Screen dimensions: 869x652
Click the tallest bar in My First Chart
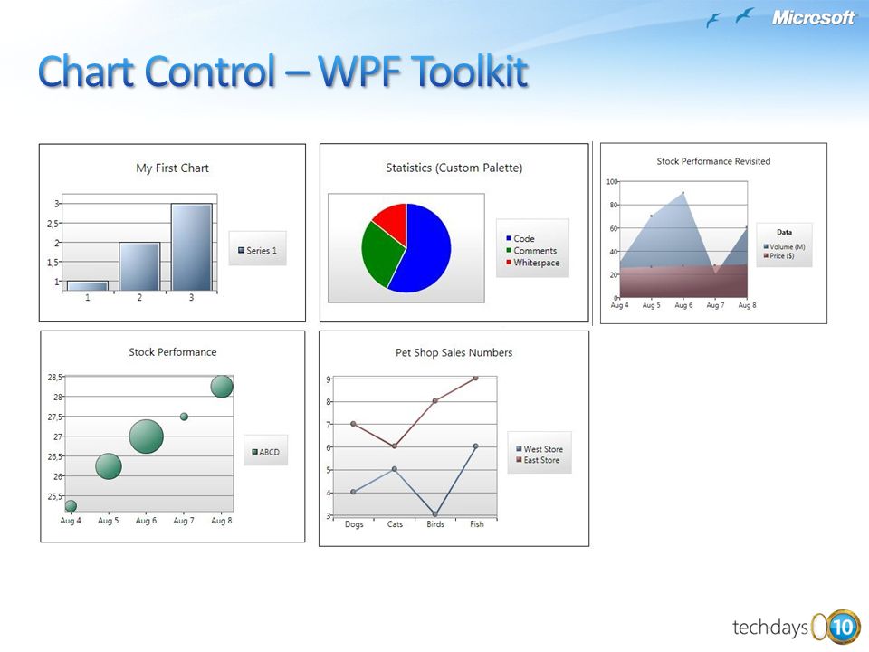coord(191,246)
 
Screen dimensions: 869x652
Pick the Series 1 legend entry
coord(257,251)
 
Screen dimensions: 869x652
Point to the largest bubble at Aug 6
coord(147,436)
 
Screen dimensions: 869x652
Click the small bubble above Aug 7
coord(184,417)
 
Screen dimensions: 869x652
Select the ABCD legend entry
coord(265,452)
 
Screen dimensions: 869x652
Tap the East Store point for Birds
coord(435,400)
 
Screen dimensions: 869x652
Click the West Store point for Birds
coord(435,514)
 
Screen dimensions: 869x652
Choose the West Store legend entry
coord(540,449)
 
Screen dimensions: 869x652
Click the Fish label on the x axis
coord(477,524)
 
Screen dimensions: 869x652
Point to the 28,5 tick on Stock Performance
coord(55,377)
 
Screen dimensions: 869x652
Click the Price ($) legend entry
coord(778,255)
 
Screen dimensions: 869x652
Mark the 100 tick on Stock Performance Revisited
coord(613,181)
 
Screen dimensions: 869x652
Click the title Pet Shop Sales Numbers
coord(454,352)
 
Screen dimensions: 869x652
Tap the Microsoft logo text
coord(813,17)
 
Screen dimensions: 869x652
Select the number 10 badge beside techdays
coord(843,627)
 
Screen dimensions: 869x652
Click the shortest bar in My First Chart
coord(88,285)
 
